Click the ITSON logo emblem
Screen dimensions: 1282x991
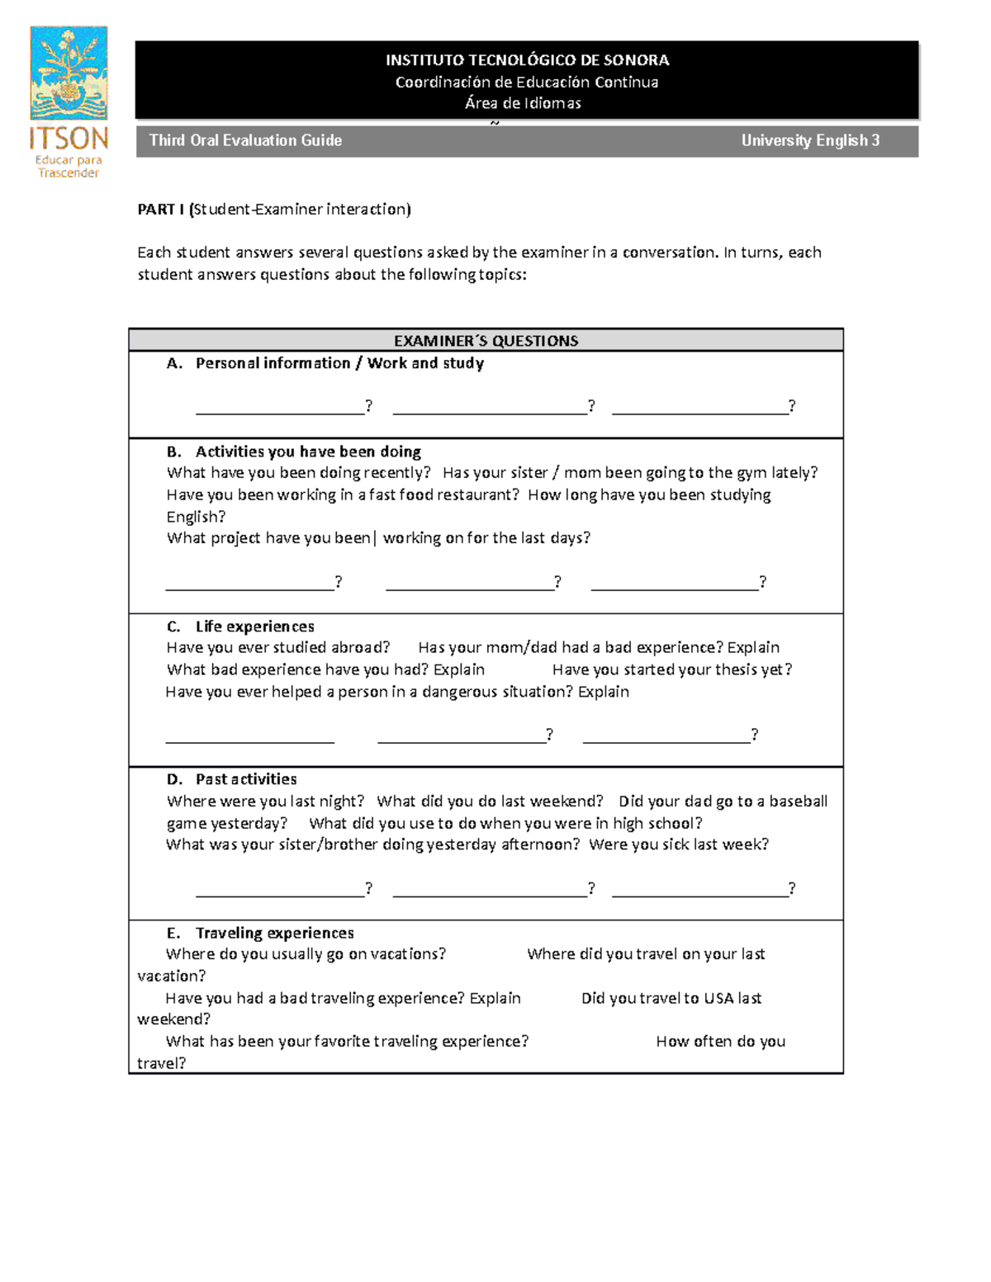(x=69, y=73)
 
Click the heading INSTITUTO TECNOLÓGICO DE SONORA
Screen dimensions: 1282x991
(x=527, y=60)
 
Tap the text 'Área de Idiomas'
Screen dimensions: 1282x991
(x=523, y=103)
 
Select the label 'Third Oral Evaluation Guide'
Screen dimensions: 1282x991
(x=245, y=140)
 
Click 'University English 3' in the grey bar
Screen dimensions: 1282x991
(x=809, y=140)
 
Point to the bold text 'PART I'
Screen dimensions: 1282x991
(x=161, y=210)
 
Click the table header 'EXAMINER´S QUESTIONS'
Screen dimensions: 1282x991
(x=486, y=341)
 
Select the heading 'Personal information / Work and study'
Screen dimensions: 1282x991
(x=339, y=363)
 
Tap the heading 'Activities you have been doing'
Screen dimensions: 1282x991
(x=308, y=452)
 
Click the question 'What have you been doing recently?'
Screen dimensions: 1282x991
(x=298, y=473)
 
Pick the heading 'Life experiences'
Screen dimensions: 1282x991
(x=254, y=627)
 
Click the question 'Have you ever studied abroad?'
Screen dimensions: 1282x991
(x=277, y=648)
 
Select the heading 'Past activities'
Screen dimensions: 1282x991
(x=246, y=779)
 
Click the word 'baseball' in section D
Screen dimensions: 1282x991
(x=798, y=802)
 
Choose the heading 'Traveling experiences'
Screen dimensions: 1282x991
(x=274, y=933)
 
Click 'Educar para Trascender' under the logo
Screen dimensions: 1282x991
(x=69, y=167)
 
